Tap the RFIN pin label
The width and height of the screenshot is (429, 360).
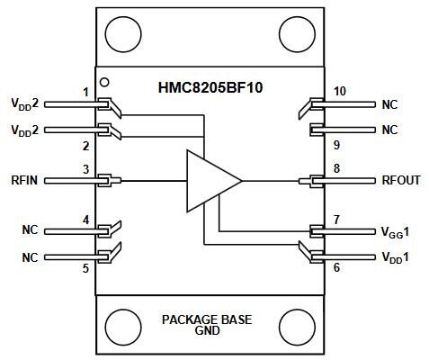pyautogui.click(x=24, y=180)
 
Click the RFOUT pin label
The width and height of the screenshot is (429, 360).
pyautogui.click(x=402, y=180)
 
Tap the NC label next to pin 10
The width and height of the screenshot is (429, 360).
pyautogui.click(x=389, y=103)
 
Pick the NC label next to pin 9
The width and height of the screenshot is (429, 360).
pyautogui.click(x=389, y=130)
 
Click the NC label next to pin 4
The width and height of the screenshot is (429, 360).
pyautogui.click(x=31, y=229)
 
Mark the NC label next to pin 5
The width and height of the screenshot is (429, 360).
pyautogui.click(x=31, y=256)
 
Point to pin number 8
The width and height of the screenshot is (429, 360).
pyautogui.click(x=335, y=167)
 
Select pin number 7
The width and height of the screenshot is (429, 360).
pyautogui.click(x=335, y=219)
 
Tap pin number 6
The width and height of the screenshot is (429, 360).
pyautogui.click(x=335, y=267)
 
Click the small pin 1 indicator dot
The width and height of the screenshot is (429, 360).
pyautogui.click(x=105, y=80)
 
